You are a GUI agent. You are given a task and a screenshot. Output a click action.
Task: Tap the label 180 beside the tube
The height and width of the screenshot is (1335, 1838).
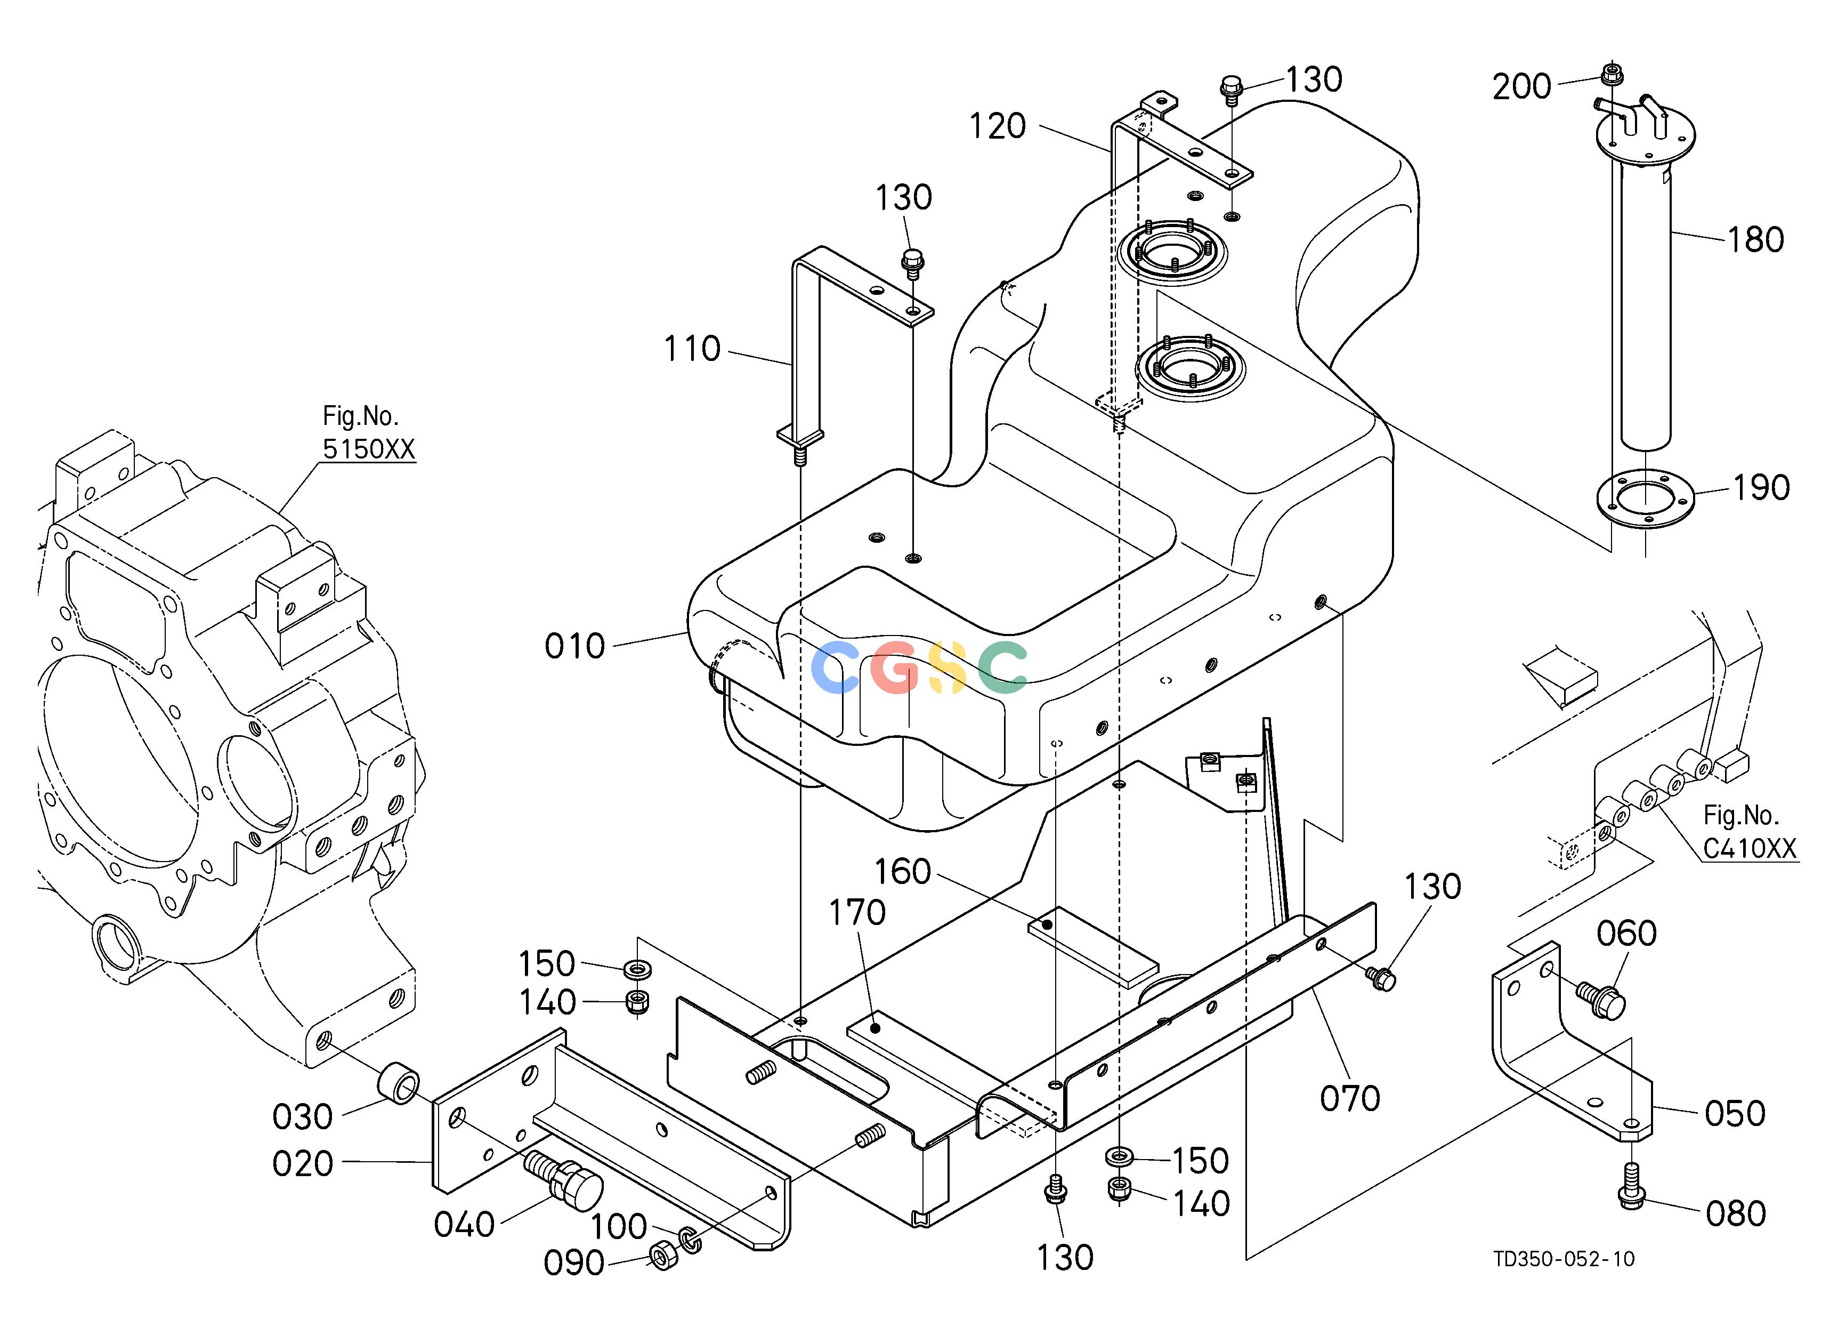[1755, 240]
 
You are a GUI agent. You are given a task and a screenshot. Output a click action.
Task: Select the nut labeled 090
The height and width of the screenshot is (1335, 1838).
[665, 1256]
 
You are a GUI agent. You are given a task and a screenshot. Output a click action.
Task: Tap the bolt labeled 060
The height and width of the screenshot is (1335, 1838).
[1601, 1000]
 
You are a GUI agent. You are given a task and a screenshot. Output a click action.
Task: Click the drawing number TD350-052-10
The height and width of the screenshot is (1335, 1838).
[1564, 1259]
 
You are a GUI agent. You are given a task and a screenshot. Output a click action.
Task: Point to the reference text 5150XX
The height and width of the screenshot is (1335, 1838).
[369, 448]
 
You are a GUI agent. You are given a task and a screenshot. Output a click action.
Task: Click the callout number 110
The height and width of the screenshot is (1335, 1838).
[692, 349]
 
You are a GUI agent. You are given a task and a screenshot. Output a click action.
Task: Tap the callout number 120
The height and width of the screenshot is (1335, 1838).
[998, 126]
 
